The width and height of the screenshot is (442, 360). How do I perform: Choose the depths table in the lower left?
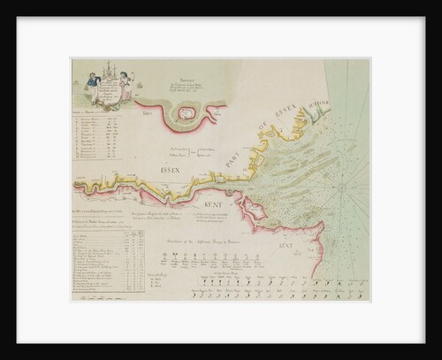(x=103, y=265)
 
